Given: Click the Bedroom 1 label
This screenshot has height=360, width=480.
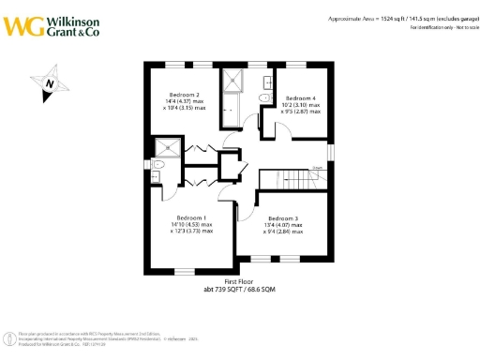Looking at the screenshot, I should click(191, 217).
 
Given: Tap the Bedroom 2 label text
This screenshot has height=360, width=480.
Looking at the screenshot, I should click(184, 95).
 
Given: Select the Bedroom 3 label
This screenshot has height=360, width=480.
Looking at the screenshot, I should click(284, 218).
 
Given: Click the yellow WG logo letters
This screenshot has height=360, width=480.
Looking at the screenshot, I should click(22, 24).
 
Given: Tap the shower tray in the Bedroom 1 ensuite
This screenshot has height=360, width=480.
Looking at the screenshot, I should click(169, 146).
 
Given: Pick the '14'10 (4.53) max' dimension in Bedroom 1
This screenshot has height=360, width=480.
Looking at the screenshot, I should click(191, 224).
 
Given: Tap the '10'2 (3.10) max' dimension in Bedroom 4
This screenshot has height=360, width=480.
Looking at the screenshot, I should click(302, 105).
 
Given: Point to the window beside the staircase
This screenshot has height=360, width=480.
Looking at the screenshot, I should click(330, 152).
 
